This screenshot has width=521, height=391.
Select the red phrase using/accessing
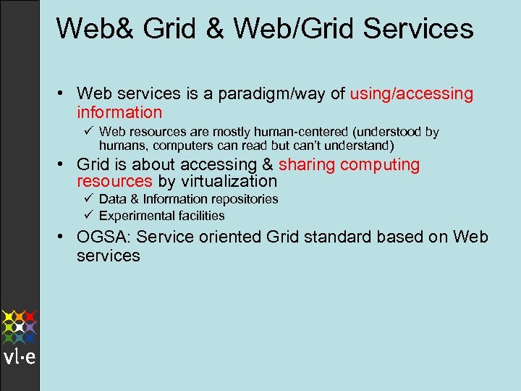coord(411,93)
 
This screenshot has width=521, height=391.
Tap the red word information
coord(119,112)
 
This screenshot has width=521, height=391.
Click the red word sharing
coord(307,164)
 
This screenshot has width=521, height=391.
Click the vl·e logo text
coord(20,358)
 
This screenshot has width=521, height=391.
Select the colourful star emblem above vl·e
coord(20,327)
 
